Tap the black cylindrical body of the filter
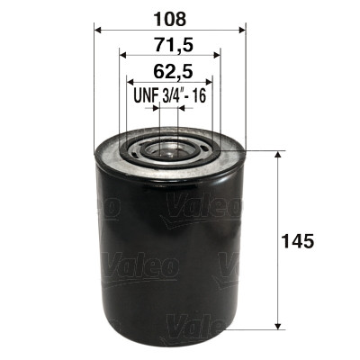coord(169,252)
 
